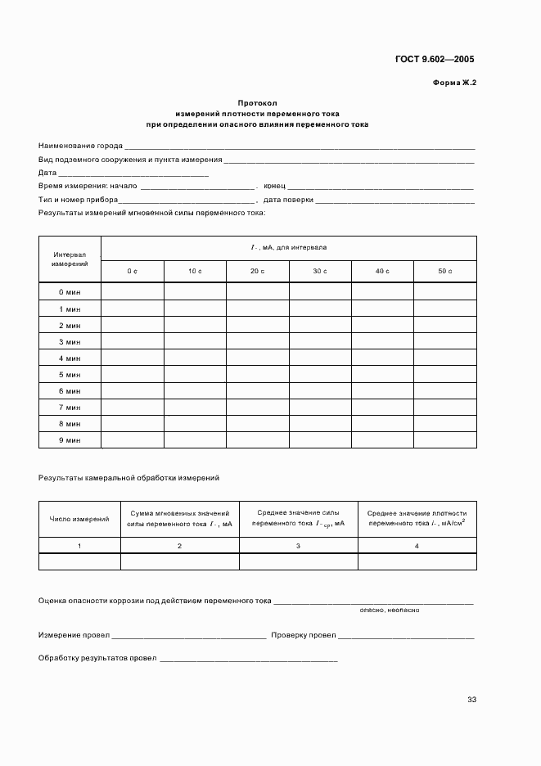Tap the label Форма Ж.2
(x=454, y=83)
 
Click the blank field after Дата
(x=133, y=173)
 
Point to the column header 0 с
(x=132, y=271)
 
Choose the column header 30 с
(x=319, y=271)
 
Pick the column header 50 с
(x=444, y=271)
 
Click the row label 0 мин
(x=70, y=292)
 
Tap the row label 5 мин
(x=70, y=375)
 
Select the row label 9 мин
(x=70, y=440)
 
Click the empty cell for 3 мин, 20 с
(x=257, y=342)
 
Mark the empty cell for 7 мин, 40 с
(x=382, y=408)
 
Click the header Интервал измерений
(x=70, y=259)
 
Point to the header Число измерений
(x=79, y=519)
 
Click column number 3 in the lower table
(x=298, y=545)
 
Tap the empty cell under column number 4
(x=417, y=561)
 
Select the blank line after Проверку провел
(x=406, y=636)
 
